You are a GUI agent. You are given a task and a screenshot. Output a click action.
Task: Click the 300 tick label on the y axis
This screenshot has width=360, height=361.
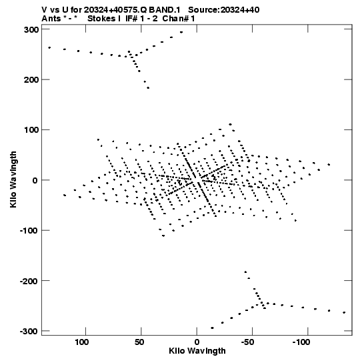31,30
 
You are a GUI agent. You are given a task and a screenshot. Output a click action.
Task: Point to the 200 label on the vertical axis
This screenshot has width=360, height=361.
31,80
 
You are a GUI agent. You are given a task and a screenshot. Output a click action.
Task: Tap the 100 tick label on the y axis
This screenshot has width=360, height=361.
31,130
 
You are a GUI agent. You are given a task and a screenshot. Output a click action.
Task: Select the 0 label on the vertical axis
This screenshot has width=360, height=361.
35,181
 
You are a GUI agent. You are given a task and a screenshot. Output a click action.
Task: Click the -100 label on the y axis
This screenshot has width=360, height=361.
29,231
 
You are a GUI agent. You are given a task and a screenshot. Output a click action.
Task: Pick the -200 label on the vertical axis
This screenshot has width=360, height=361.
29,282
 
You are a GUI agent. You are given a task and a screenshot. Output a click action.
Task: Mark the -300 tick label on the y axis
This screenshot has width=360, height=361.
29,332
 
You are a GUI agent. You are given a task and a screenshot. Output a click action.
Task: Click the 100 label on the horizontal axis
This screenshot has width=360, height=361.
81,342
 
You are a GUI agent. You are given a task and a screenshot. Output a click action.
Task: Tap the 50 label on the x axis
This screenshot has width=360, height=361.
139,342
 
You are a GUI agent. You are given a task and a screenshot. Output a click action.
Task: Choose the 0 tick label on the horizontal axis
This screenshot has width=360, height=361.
197,342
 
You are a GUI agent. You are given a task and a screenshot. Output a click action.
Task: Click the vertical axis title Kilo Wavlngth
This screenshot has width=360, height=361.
13,179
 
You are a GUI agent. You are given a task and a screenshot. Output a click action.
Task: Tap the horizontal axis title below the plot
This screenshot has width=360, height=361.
197,351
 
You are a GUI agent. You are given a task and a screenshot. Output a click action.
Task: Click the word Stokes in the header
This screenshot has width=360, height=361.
101,19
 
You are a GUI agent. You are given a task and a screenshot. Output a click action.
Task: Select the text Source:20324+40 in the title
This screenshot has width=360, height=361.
224,10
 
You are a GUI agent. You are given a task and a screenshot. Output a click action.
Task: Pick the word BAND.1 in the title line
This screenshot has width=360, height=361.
165,10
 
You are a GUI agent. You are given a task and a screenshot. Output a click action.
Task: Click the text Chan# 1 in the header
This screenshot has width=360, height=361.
179,19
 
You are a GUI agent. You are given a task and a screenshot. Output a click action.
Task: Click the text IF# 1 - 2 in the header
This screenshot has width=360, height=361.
141,19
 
